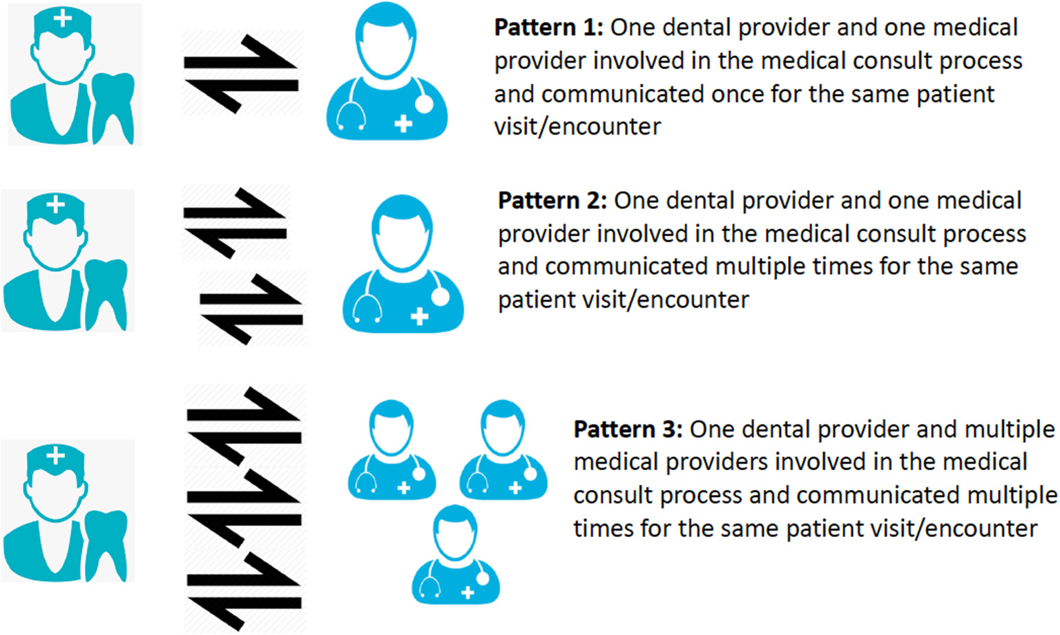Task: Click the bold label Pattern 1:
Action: pos(548,28)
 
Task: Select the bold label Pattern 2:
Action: pos(552,201)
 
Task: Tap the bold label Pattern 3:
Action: pos(628,429)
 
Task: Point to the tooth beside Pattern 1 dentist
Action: pos(113,107)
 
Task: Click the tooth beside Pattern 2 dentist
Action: pos(106,293)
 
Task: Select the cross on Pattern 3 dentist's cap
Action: pos(55,456)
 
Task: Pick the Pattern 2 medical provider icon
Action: pos(403,266)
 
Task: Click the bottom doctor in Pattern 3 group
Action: pos(456,556)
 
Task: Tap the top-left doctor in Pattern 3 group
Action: pos(392,450)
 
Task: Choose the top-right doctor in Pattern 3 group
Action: pos(503,450)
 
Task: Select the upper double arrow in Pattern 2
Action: pos(235,223)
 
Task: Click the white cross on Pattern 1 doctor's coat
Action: pos(403,124)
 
